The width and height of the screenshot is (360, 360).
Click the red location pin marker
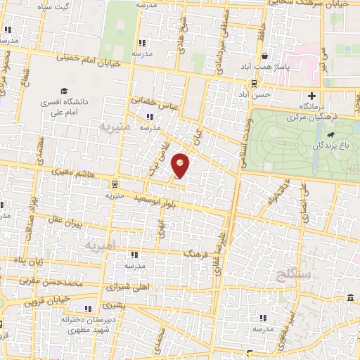[181, 165]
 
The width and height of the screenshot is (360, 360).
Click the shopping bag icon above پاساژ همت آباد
[264, 55]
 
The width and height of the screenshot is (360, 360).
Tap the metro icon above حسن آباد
[234, 83]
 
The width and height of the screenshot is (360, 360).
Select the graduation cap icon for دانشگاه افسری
[64, 91]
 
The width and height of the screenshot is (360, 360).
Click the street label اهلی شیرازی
[121, 287]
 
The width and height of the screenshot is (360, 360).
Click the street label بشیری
[113, 305]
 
